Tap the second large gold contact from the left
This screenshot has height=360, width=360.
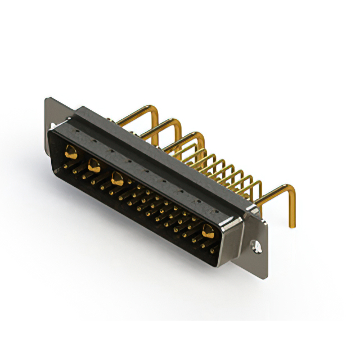(94, 165)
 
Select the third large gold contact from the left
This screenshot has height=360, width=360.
(118, 179)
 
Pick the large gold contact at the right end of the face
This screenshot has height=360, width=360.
(208, 229)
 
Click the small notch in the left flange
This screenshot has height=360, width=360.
(52, 127)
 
